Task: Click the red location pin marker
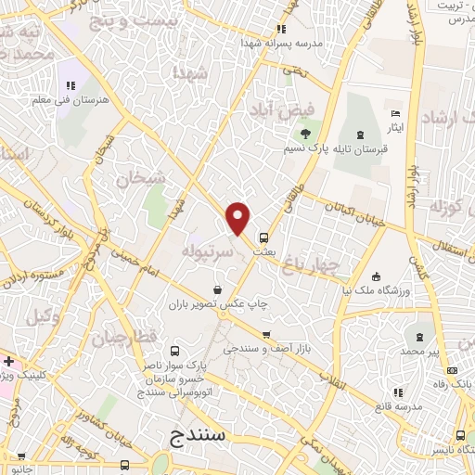coord(238,217)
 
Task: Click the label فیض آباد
coord(284,109)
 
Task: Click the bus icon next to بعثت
coord(263,236)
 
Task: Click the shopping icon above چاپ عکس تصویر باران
coord(217,289)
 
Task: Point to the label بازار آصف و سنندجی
coord(262,350)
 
